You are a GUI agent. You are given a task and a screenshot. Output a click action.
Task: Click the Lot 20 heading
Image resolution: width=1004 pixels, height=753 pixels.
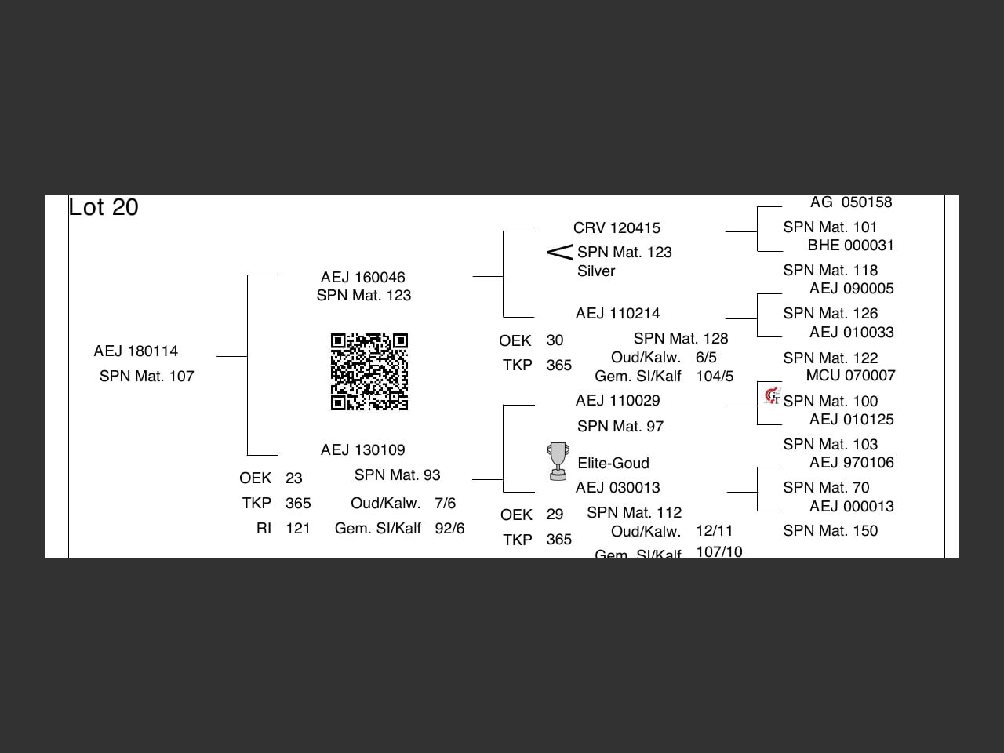[104, 207]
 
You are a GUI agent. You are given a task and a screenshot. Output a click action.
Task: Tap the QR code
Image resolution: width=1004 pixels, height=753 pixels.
[369, 372]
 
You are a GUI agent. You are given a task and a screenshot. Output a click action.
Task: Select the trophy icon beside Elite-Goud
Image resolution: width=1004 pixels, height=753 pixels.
[558, 461]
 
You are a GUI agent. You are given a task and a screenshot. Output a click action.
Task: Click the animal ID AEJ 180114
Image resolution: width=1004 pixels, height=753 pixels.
[136, 351]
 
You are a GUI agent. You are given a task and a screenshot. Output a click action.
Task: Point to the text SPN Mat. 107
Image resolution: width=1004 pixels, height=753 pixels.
[147, 376]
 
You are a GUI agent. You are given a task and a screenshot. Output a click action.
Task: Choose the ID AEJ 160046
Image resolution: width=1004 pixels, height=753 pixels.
[362, 278]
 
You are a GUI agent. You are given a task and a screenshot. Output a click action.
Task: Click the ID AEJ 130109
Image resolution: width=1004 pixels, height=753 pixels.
[362, 450]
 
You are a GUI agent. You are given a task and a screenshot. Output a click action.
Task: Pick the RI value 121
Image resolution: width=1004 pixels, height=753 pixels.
[298, 529]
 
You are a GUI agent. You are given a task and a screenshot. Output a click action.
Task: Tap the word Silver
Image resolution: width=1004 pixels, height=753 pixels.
[596, 271]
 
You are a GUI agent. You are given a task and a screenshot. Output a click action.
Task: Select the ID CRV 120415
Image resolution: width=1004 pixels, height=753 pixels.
[617, 228]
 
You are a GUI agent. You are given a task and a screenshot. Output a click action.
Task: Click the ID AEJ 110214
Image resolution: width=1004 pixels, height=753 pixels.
[617, 314]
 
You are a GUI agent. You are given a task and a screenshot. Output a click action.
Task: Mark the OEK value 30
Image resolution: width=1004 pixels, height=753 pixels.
[555, 340]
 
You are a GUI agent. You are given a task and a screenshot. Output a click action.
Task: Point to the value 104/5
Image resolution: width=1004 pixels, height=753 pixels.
[715, 376]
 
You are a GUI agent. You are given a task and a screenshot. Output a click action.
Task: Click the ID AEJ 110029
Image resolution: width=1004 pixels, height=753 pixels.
[617, 401]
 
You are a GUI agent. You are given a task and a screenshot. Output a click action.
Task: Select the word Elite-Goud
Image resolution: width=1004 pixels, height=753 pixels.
[613, 464]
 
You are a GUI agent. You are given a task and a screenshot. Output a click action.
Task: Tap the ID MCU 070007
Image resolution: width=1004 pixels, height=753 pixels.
[850, 376]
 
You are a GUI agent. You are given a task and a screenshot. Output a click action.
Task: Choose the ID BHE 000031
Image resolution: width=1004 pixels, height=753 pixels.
[850, 246]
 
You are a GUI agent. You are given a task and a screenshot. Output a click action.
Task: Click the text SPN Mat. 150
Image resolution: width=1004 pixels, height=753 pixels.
[830, 531]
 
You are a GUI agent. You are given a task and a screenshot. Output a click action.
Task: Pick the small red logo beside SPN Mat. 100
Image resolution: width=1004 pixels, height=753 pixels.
[773, 396]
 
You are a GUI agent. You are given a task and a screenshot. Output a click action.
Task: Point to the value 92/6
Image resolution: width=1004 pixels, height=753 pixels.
[449, 529]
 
